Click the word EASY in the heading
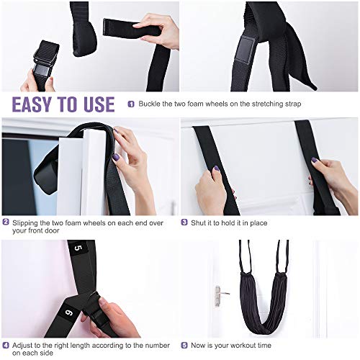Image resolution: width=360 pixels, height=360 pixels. pos(37,104)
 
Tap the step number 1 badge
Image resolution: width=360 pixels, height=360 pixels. pos(131,104)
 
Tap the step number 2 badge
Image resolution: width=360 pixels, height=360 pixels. pos(6,222)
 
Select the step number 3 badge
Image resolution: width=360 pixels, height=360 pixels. pos(184,222)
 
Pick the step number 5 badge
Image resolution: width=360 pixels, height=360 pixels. pos(184,345)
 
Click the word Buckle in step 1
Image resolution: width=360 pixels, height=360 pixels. pos(149,104)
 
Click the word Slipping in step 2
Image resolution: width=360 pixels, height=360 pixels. pos(26,222)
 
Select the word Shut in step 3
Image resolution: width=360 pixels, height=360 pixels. pos(199,222)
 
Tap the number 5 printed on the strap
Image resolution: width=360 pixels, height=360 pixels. pos(78,248)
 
